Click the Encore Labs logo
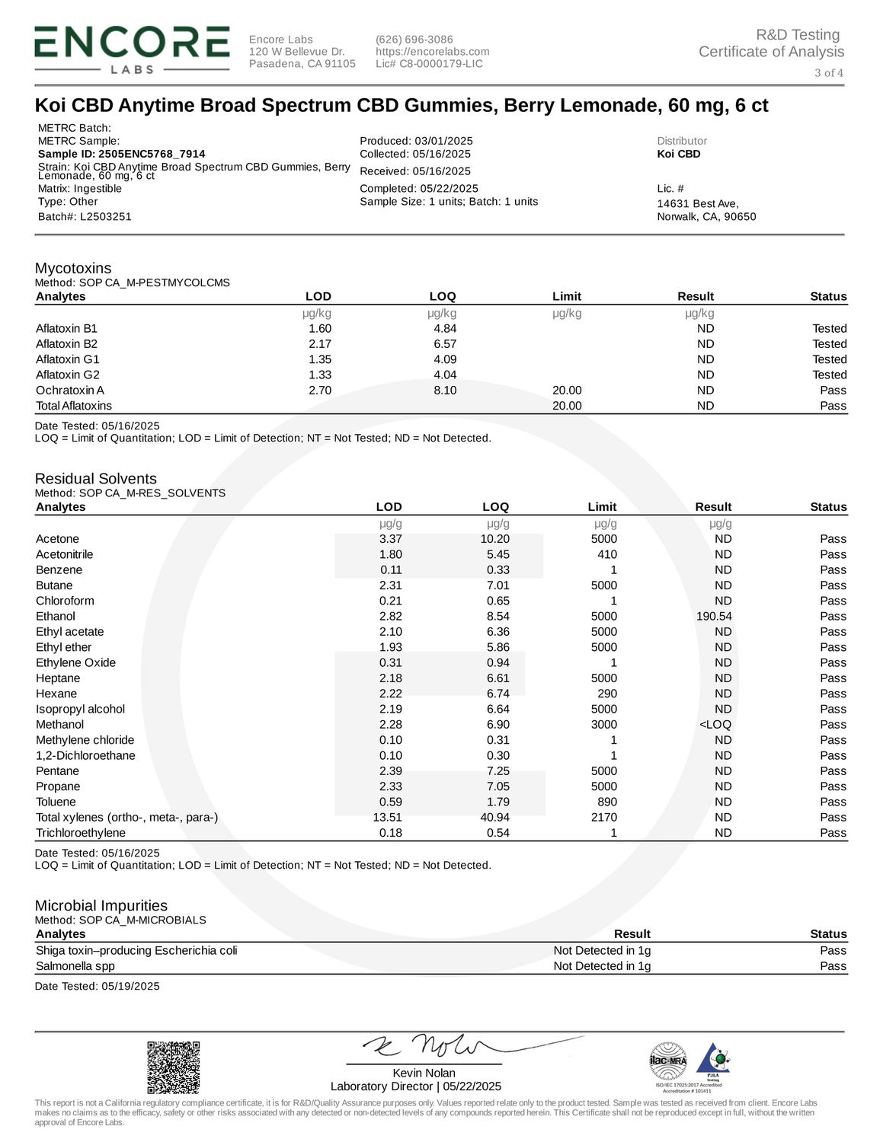[131, 49]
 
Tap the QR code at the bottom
[173, 1067]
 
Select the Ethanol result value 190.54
[714, 616]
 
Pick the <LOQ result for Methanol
[715, 724]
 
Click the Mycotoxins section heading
[73, 268]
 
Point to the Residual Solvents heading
[96, 478]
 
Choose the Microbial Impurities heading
[101, 905]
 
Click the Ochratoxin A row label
[70, 390]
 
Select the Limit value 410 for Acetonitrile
[607, 554]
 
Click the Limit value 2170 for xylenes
[603, 817]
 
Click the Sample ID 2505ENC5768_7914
[122, 153]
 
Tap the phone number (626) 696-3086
[414, 39]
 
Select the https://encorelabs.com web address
[433, 51]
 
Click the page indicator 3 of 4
[829, 73]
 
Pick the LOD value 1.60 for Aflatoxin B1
[320, 328]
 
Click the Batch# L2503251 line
[85, 216]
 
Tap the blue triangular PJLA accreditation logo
[712, 1060]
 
